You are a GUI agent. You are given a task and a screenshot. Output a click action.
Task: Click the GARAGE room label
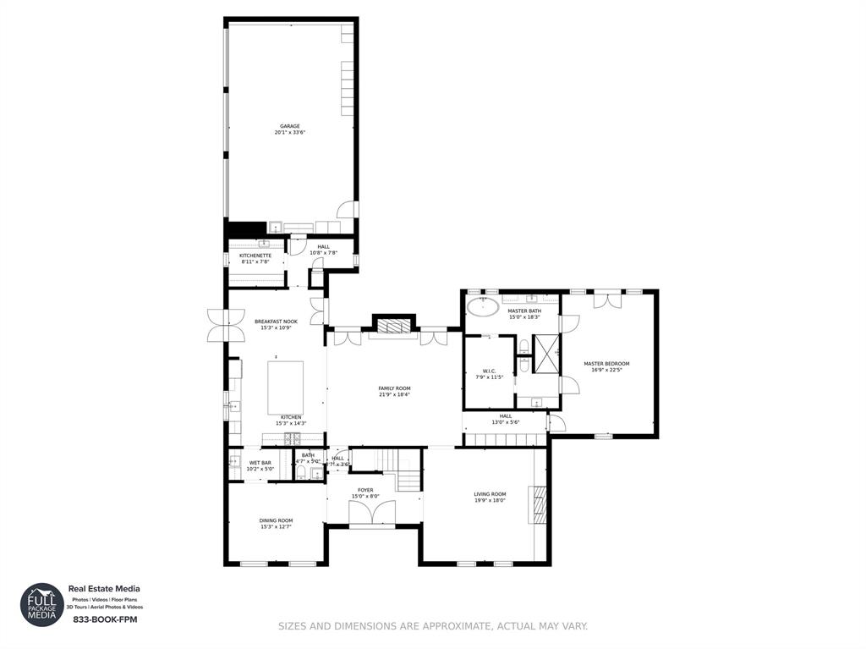coord(290,126)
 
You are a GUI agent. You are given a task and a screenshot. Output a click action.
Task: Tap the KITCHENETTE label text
coord(255,255)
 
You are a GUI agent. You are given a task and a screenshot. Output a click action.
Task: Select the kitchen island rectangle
coord(285,387)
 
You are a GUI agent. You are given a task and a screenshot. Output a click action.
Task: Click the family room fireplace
coord(394,327)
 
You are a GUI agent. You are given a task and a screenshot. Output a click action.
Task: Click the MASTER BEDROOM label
coord(606,364)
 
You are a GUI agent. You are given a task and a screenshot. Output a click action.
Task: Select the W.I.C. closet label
coord(488,370)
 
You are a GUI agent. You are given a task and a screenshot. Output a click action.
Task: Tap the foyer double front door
coord(372,513)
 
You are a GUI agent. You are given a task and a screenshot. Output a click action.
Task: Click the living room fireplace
coord(538,505)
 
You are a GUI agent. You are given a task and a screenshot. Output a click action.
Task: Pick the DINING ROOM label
coord(276,520)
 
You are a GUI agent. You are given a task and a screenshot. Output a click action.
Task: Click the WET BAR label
coord(260,463)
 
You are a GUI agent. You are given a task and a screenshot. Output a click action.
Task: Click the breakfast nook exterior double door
coord(216,326)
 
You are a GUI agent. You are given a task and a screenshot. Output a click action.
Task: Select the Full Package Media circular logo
coord(41,604)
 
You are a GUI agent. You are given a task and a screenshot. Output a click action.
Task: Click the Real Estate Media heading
coord(104,589)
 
